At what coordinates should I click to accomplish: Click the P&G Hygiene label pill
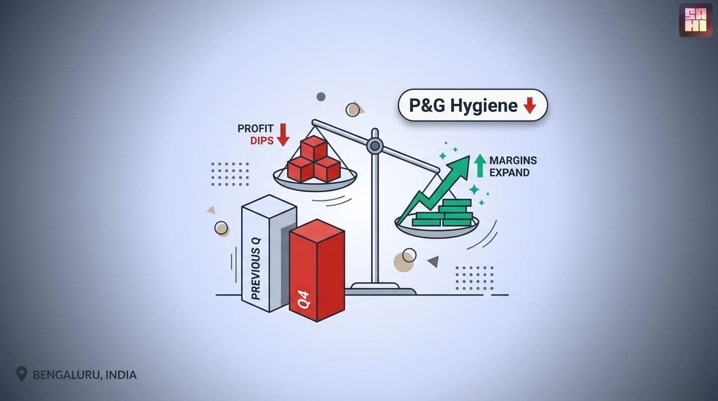pyautogui.click(x=472, y=105)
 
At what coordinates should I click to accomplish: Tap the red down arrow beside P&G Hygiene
pyautogui.click(x=530, y=105)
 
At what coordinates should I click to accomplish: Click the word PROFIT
pyautogui.click(x=256, y=128)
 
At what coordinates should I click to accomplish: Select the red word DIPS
pyautogui.click(x=262, y=140)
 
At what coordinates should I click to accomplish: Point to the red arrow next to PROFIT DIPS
pyautogui.click(x=283, y=135)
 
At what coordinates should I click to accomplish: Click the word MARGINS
pyautogui.click(x=513, y=160)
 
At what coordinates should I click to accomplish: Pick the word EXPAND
pyautogui.click(x=509, y=173)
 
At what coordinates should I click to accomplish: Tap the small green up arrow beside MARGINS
pyautogui.click(x=480, y=166)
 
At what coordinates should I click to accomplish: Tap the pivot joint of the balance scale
pyautogui.click(x=375, y=146)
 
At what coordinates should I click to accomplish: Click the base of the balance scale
pyautogui.click(x=381, y=289)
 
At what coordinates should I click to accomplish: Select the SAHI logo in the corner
pyautogui.click(x=696, y=20)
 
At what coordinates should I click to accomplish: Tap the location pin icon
pyautogui.click(x=21, y=374)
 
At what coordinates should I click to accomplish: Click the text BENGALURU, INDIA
pyautogui.click(x=85, y=375)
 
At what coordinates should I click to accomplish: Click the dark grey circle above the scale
pyautogui.click(x=321, y=97)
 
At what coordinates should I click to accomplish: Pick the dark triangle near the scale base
pyautogui.click(x=434, y=261)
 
